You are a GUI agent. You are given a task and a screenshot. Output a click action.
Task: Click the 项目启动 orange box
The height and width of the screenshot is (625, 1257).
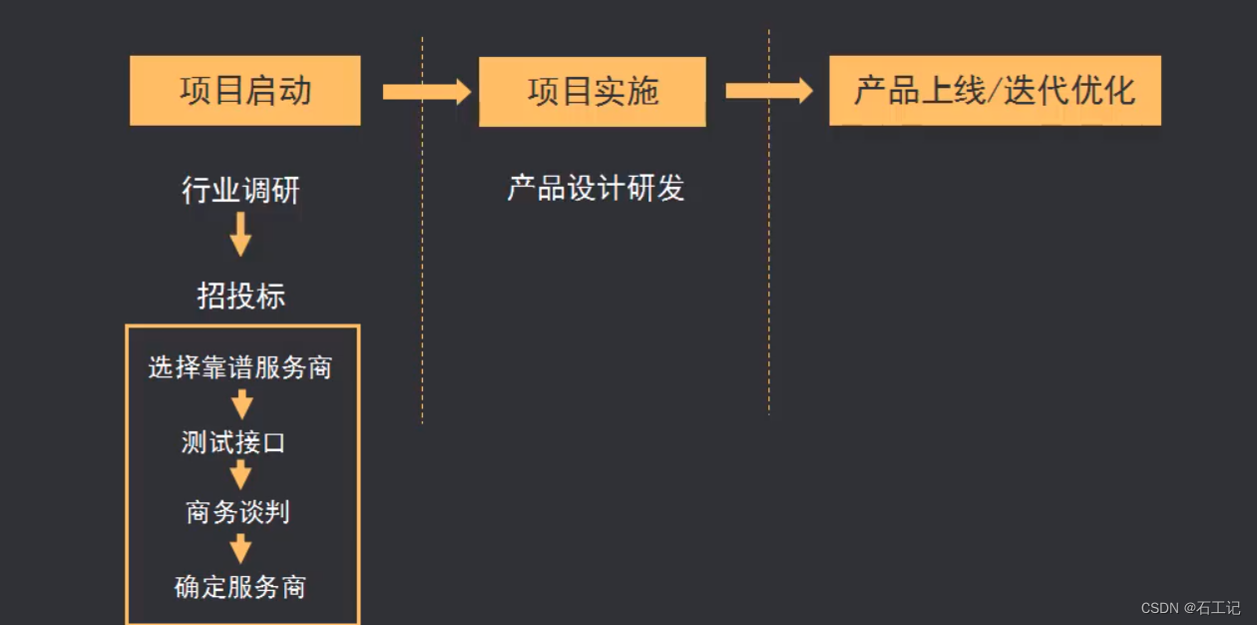(x=245, y=91)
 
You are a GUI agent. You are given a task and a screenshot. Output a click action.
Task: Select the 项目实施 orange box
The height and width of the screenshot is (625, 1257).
(x=593, y=91)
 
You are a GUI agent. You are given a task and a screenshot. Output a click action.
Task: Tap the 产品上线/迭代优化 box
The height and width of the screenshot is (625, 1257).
(x=995, y=91)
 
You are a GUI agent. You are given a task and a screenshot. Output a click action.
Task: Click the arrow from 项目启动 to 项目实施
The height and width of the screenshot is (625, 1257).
(x=426, y=92)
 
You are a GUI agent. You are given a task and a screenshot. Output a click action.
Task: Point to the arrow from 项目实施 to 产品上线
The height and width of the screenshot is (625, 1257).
(x=768, y=91)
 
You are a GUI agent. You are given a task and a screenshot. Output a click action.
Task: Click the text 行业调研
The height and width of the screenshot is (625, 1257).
(x=240, y=190)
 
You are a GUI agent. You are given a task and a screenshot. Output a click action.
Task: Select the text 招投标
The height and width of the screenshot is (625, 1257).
(x=240, y=296)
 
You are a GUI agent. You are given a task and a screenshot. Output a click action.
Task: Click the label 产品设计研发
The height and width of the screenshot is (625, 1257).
(x=596, y=188)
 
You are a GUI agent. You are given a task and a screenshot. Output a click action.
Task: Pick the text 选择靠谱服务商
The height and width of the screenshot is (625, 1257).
(x=240, y=367)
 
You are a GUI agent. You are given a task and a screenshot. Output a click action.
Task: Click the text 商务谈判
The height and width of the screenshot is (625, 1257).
(x=237, y=512)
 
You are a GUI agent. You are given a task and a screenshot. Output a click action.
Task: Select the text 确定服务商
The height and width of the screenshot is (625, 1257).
(x=240, y=586)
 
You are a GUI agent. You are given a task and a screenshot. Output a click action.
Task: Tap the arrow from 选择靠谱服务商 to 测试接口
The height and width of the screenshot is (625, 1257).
(x=241, y=404)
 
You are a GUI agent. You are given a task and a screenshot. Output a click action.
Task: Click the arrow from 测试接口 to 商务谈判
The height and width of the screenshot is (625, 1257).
(x=240, y=475)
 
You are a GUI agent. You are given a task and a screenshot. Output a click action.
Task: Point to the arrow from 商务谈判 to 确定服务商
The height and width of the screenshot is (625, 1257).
(x=240, y=548)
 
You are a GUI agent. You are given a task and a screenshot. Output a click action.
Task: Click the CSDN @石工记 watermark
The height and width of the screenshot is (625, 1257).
(x=1190, y=607)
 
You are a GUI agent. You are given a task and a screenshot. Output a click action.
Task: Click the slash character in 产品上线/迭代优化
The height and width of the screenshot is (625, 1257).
(x=992, y=92)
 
